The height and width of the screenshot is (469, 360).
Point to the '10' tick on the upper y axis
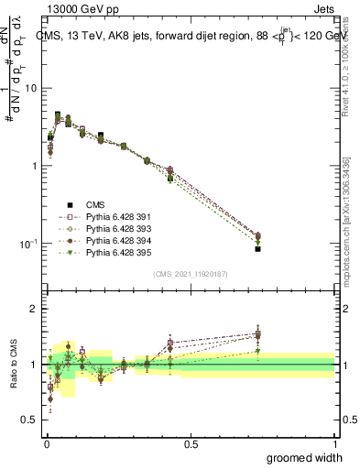[30, 89]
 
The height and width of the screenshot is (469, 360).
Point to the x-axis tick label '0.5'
[191, 443]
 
